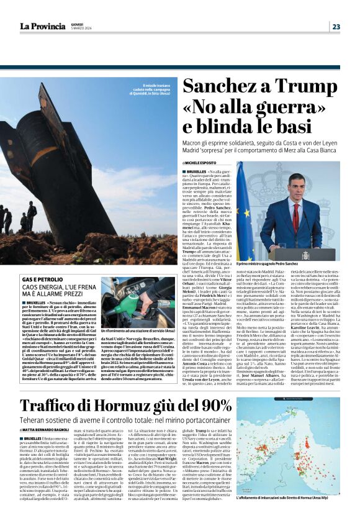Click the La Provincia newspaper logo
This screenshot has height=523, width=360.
click(42, 26)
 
